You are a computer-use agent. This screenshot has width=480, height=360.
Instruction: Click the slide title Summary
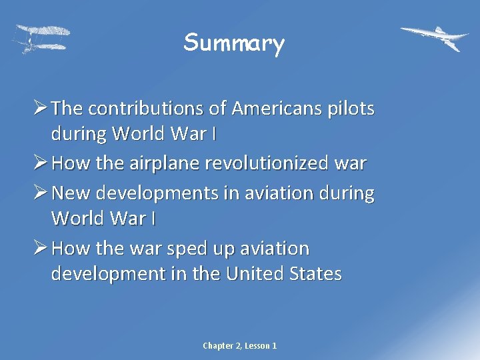pyautogui.click(x=234, y=43)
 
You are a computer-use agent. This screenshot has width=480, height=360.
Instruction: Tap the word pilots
pyautogui.click(x=351, y=108)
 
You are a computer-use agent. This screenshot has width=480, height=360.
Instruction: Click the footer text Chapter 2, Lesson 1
pyautogui.click(x=240, y=345)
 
